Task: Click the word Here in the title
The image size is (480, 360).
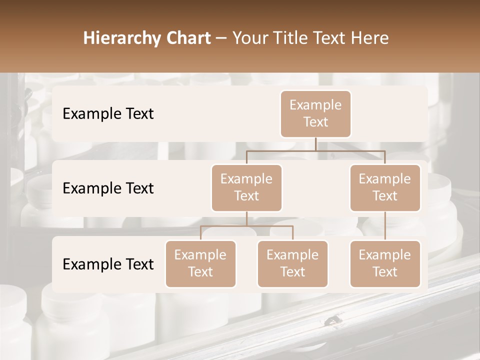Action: point(369,38)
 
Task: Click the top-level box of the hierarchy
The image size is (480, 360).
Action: point(315,114)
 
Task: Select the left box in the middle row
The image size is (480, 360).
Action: point(246,187)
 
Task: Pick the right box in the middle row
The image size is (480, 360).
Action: point(385,187)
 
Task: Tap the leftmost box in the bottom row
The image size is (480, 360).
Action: point(200,263)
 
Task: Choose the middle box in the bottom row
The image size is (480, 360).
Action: point(292,263)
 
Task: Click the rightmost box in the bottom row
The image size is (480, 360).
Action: point(385,263)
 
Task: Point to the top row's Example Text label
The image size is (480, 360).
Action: point(108,114)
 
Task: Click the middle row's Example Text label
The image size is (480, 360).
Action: point(108,188)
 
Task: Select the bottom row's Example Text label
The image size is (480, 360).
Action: point(108,264)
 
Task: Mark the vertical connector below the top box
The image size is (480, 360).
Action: point(315,144)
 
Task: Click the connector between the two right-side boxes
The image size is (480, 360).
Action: point(385,226)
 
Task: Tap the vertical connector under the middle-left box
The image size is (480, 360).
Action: point(246,218)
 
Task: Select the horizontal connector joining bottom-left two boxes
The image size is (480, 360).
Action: point(246,226)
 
